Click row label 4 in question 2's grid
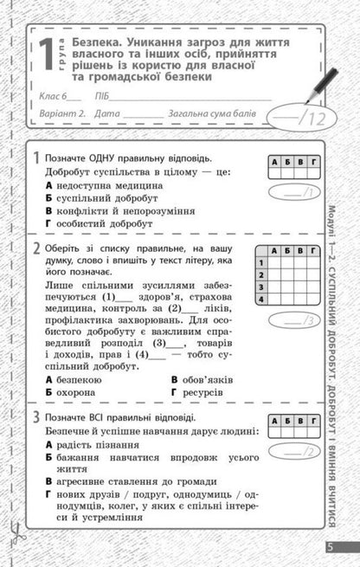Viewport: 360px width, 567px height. click(260, 299)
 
